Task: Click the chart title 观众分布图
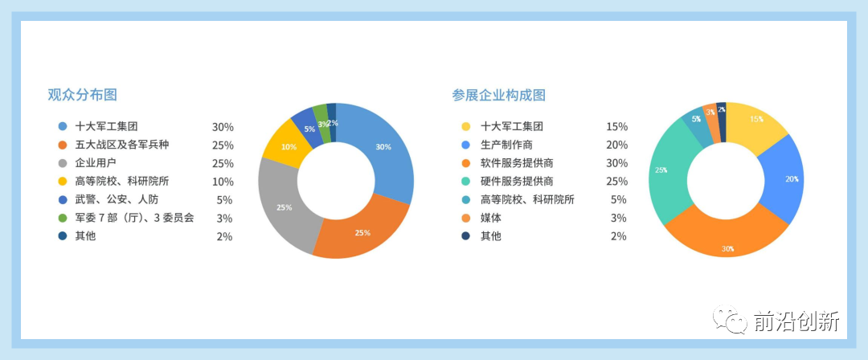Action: coord(83,95)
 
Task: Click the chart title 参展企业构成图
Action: coord(499,96)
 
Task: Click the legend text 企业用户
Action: coord(96,163)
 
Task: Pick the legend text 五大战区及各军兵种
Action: coord(122,145)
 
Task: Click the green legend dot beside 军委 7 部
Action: coord(63,219)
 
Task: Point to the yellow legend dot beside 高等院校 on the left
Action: coord(63,181)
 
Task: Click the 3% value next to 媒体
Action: coord(618,218)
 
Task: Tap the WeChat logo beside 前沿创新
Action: coord(730,320)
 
